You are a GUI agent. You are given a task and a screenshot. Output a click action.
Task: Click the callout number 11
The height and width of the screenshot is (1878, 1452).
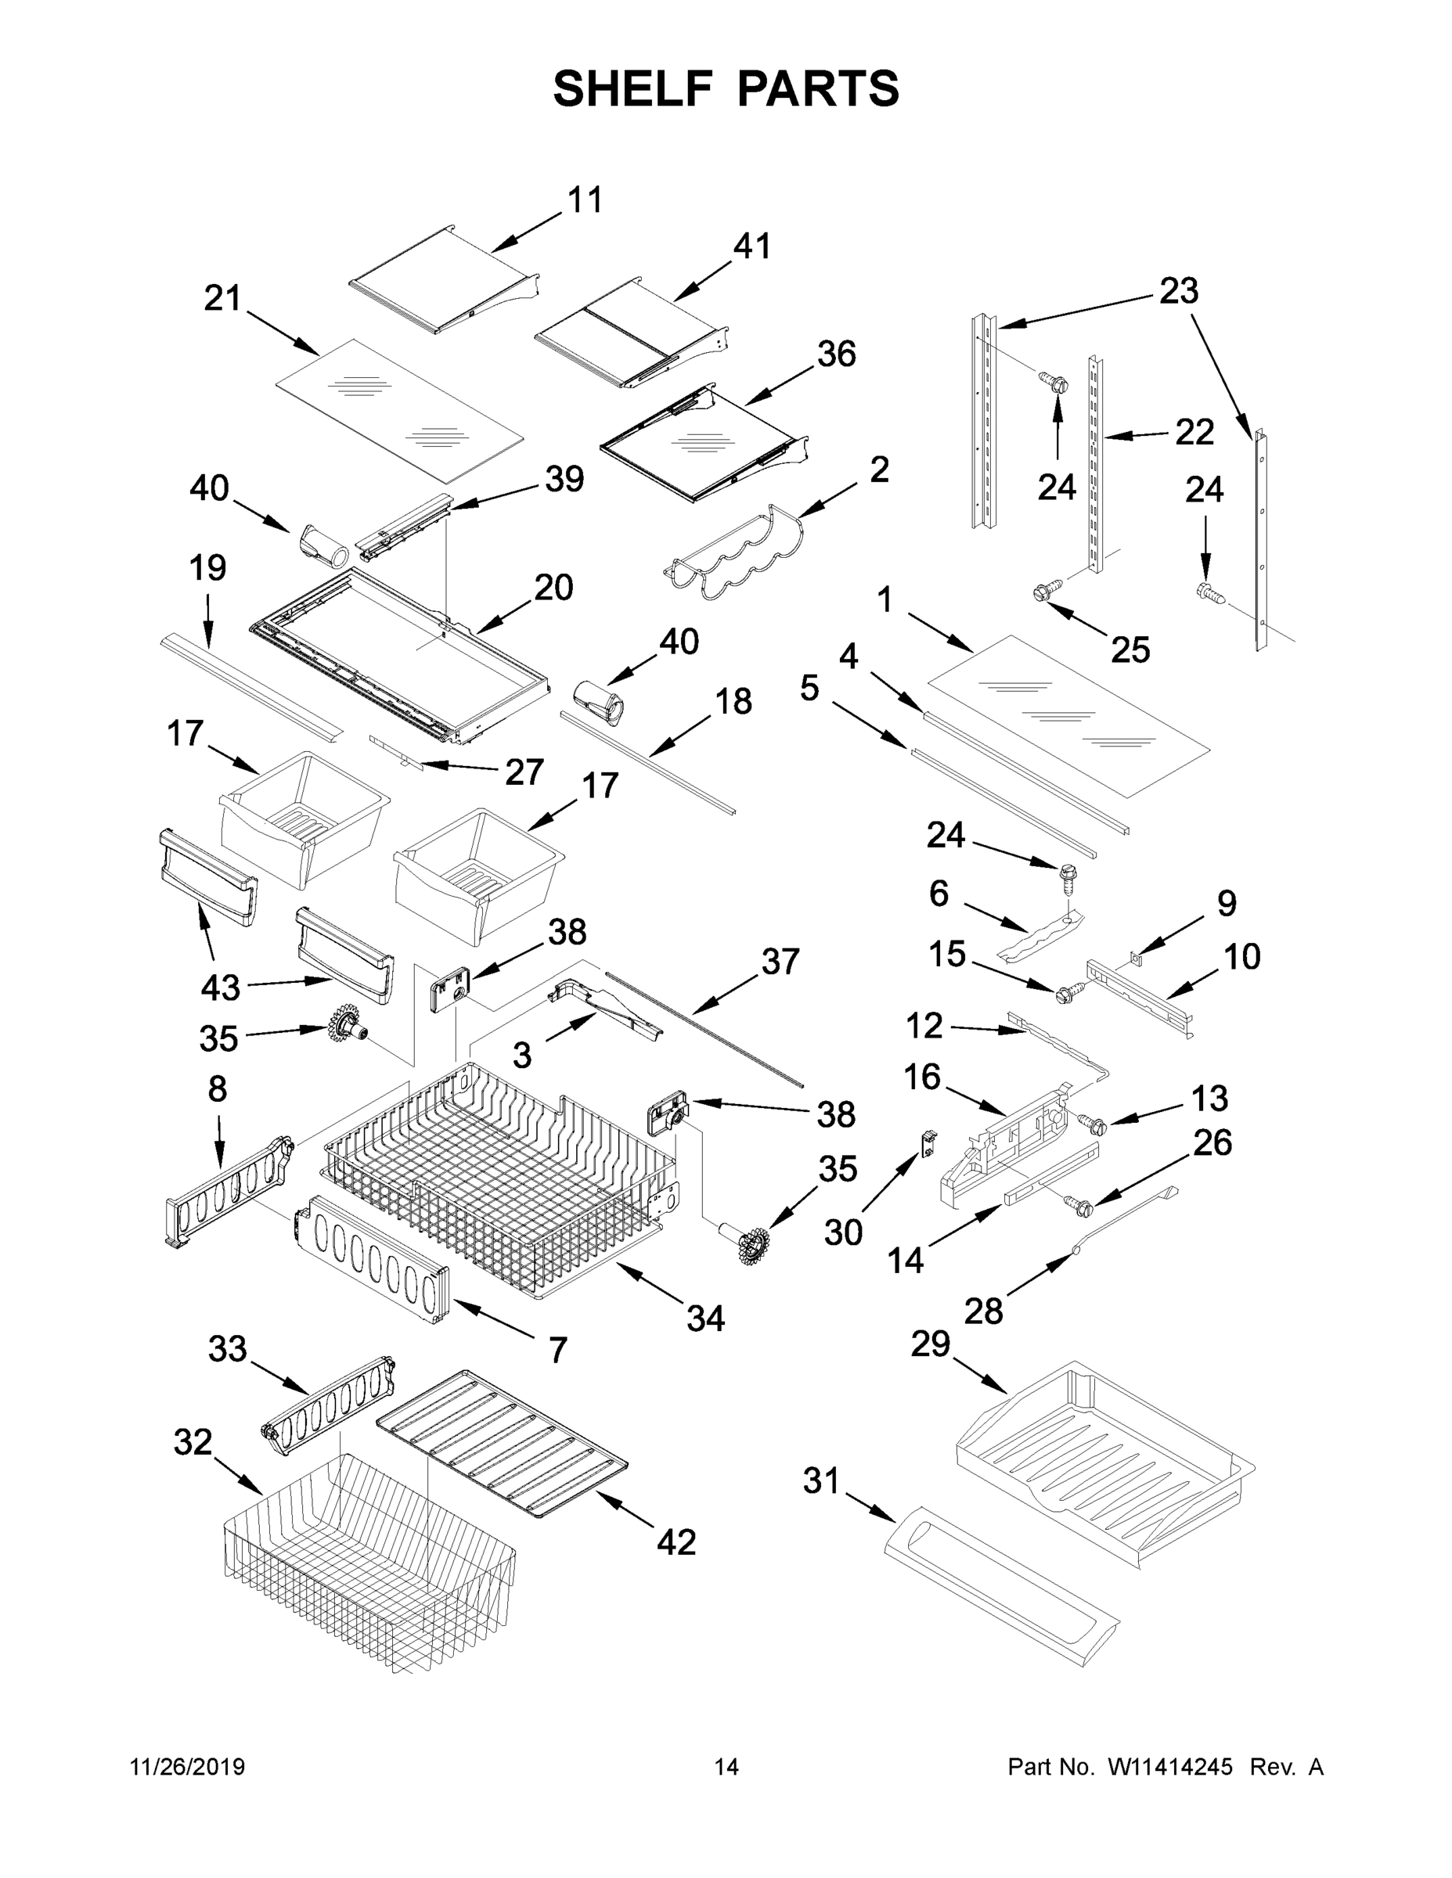pyautogui.click(x=585, y=200)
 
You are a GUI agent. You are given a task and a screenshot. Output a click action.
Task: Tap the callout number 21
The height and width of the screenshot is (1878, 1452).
pyautogui.click(x=222, y=298)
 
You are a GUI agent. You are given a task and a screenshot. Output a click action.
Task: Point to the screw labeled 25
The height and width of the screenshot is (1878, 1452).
pyautogui.click(x=1043, y=592)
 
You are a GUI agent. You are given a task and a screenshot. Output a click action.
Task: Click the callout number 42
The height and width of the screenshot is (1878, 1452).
pyautogui.click(x=676, y=1542)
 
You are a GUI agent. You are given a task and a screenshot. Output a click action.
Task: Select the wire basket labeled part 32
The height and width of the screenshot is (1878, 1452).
pyautogui.click(x=370, y=1565)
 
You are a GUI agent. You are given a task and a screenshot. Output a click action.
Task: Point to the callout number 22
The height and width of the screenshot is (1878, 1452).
pyautogui.click(x=1194, y=432)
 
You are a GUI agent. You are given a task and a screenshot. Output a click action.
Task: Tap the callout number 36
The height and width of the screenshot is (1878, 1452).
pyautogui.click(x=836, y=354)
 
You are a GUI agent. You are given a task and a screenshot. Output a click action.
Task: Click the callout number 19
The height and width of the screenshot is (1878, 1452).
pyautogui.click(x=207, y=567)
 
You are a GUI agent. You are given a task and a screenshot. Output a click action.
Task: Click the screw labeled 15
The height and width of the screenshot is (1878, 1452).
pyautogui.click(x=1067, y=995)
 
